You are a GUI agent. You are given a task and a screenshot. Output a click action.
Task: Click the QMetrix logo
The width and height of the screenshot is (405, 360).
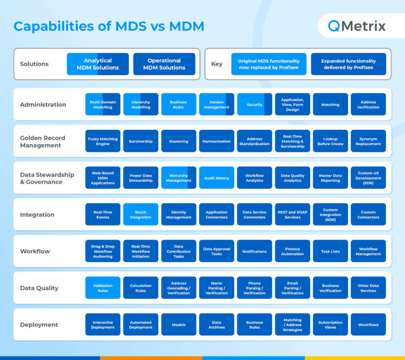(356, 26)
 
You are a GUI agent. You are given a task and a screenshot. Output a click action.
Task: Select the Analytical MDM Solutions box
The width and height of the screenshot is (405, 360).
(98, 64)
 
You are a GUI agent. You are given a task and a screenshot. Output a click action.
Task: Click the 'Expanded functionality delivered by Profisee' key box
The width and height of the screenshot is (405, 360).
(348, 64)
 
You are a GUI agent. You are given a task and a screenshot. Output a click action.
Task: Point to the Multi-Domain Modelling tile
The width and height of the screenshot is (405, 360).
(103, 104)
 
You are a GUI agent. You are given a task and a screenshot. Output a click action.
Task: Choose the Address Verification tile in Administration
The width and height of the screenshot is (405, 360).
(368, 104)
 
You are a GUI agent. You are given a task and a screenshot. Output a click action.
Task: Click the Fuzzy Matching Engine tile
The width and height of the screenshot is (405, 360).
(103, 141)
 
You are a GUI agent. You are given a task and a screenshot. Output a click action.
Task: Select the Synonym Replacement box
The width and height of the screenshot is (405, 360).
(368, 141)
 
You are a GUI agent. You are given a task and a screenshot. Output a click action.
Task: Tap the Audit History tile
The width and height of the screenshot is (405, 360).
(217, 178)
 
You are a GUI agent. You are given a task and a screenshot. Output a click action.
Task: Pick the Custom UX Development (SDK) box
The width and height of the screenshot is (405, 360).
(368, 178)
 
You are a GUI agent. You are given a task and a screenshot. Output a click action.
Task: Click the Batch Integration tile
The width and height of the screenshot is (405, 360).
(141, 215)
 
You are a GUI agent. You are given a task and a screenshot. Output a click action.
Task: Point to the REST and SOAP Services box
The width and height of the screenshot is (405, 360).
(293, 215)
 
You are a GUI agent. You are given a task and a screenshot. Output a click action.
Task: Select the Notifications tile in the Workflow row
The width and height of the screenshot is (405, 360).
(255, 251)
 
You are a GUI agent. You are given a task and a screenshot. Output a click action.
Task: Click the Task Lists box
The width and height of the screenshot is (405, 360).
(330, 251)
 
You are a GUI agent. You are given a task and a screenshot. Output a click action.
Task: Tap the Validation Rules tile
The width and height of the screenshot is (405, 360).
(103, 288)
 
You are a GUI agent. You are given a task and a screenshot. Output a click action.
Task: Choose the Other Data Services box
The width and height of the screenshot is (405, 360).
(368, 288)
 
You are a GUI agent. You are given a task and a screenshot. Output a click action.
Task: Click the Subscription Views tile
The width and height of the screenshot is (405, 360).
(330, 325)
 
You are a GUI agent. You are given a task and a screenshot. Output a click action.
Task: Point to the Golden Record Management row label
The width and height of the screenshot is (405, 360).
(43, 141)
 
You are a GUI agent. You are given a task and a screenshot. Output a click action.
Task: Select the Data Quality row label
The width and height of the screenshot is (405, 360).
(39, 288)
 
